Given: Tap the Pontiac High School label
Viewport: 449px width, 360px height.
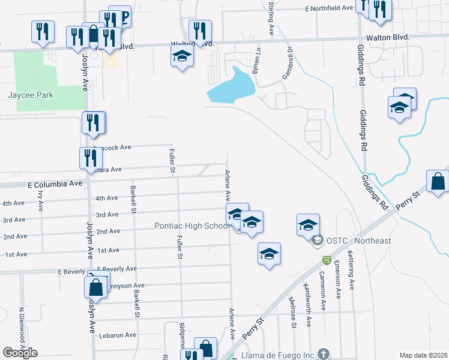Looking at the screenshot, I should pyautogui.click(x=191, y=226).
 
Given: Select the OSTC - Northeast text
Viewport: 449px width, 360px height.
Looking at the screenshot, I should pyautogui.click(x=359, y=241).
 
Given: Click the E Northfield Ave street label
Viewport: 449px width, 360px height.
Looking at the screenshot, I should pyautogui.click(x=329, y=8).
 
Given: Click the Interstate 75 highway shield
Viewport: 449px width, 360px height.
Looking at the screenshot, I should pyautogui.click(x=326, y=261).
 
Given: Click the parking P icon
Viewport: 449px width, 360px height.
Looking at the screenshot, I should pyautogui.click(x=122, y=16).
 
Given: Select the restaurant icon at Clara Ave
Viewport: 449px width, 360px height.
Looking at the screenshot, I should pyautogui.click(x=91, y=158).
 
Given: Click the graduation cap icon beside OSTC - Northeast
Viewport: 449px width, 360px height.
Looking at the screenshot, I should pyautogui.click(x=308, y=225).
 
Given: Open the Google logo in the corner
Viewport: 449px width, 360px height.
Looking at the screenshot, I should pyautogui.click(x=20, y=353).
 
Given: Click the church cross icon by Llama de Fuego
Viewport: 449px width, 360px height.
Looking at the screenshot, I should pyautogui.click(x=324, y=354).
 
